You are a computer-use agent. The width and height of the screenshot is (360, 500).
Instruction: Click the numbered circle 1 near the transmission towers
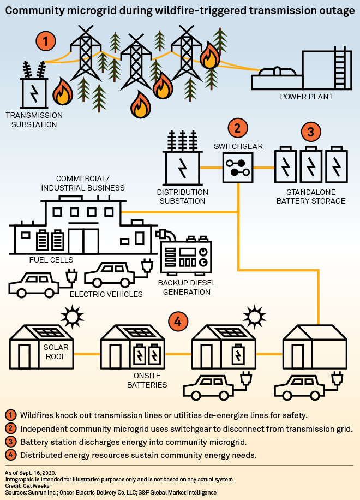[x=46, y=41]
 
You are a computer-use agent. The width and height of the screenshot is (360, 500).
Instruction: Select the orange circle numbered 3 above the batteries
[x=310, y=132]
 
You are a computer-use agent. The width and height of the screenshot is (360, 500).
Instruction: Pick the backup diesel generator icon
[x=184, y=256]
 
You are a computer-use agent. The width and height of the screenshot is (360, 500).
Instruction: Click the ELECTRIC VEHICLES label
[x=106, y=294]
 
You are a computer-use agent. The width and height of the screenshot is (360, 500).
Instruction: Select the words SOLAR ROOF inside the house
[x=55, y=352]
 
